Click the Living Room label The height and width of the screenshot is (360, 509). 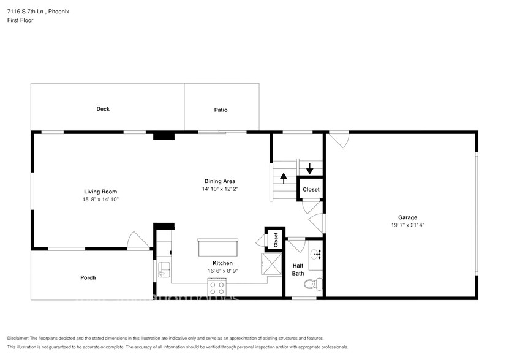pyautogui.click(x=100, y=192)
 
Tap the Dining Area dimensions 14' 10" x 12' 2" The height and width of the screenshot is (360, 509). pyautogui.click(x=219, y=189)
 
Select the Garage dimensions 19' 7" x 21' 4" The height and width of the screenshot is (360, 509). pyautogui.click(x=407, y=225)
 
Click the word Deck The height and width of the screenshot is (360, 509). pyautogui.click(x=103, y=109)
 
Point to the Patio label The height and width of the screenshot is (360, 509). pyautogui.click(x=221, y=110)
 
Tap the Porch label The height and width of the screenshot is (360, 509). pyautogui.click(x=88, y=277)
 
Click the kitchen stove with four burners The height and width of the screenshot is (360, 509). pyautogui.click(x=217, y=287)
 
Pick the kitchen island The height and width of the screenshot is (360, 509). pyautogui.click(x=217, y=247)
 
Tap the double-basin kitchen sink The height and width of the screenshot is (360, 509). pyautogui.click(x=164, y=270)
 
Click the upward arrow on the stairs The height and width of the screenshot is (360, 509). pyautogui.click(x=284, y=178)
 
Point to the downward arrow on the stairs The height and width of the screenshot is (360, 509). pyautogui.click(x=310, y=168)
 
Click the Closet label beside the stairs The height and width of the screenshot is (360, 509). pyautogui.click(x=311, y=189)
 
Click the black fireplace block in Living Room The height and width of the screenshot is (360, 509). pyautogui.click(x=164, y=137)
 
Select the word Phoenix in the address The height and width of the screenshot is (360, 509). pyautogui.click(x=56, y=10)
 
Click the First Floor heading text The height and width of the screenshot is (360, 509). pyautogui.click(x=21, y=20)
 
